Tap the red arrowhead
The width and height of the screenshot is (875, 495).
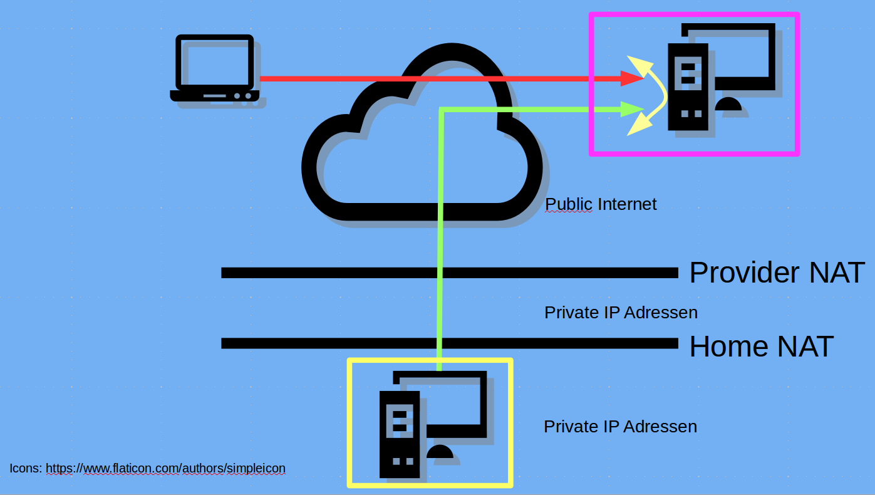tap(633, 78)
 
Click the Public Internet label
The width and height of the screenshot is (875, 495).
tap(601, 204)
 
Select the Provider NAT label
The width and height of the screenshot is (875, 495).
tap(777, 273)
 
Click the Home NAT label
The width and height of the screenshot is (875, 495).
tap(761, 346)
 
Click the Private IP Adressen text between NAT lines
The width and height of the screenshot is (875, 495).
tap(621, 312)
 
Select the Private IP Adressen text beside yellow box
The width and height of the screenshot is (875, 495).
tap(620, 427)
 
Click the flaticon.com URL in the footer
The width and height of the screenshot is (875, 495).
tap(165, 468)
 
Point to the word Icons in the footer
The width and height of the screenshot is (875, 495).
tap(24, 468)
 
